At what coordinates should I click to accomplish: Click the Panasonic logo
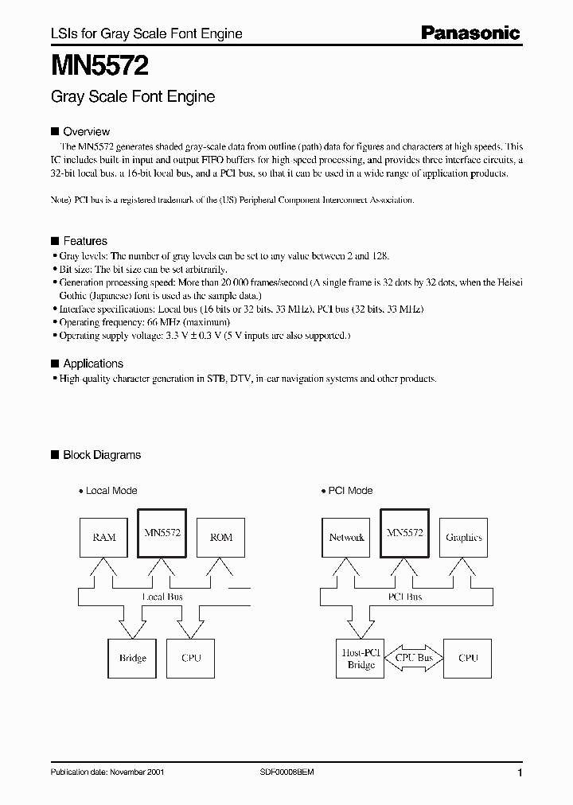click(470, 33)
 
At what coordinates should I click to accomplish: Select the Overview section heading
click(86, 131)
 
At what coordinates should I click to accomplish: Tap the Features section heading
click(84, 241)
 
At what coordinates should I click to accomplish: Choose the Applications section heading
click(92, 364)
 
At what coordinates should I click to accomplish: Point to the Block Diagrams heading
click(101, 455)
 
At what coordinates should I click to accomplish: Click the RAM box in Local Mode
click(104, 537)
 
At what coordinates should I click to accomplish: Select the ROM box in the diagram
click(220, 537)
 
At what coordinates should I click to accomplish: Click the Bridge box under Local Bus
click(133, 658)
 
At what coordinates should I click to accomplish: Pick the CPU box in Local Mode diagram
click(192, 658)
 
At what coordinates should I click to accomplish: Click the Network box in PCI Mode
click(346, 537)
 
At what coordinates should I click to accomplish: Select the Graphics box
click(464, 537)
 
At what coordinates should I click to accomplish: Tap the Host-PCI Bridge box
click(361, 658)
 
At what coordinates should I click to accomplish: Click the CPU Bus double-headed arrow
click(414, 658)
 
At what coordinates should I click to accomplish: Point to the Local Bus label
click(164, 597)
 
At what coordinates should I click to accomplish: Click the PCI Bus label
click(405, 597)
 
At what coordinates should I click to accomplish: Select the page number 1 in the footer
click(520, 773)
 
